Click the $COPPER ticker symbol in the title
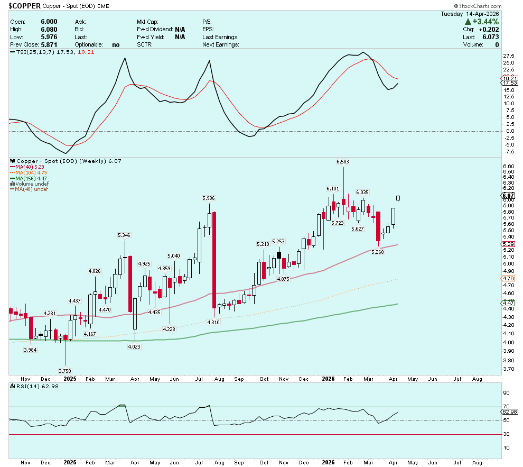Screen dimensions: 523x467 click(25, 6)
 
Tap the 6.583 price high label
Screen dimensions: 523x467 click(342, 161)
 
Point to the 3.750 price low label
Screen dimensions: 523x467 click(65, 371)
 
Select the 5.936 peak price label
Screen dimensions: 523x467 click(209, 198)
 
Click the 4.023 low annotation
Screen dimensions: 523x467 click(134, 346)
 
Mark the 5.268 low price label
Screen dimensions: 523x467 click(378, 252)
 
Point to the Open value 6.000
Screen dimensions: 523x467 click(49, 22)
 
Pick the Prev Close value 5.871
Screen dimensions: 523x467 click(49, 45)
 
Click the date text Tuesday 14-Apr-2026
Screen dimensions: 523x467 click(470, 14)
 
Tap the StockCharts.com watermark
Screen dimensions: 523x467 click(478, 6)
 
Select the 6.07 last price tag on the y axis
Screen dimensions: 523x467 click(508, 196)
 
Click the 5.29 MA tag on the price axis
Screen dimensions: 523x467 click(508, 244)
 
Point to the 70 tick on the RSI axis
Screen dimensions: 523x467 click(506, 407)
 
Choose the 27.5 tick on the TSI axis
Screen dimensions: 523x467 click(508, 56)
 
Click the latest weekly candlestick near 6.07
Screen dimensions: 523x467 click(398, 198)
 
